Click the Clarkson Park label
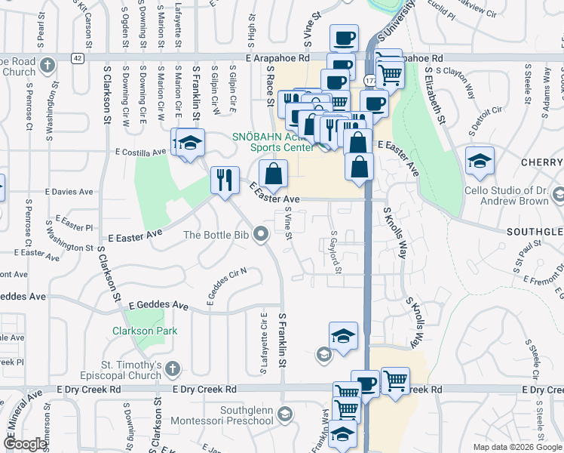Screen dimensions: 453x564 click(139, 331)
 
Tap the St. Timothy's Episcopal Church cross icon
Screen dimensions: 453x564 click(172, 369)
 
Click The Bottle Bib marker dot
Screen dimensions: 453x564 click(262, 235)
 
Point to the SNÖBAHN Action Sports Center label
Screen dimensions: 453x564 click(272, 142)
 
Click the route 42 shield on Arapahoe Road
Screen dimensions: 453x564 click(78, 57)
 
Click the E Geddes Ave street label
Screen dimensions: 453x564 click(158, 305)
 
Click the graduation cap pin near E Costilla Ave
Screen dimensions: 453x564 click(191, 142)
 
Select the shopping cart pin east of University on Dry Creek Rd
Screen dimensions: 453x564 click(394, 381)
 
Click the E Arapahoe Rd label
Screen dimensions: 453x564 click(277, 57)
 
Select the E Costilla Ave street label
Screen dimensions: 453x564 click(140, 152)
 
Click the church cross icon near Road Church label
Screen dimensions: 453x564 click(48, 64)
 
